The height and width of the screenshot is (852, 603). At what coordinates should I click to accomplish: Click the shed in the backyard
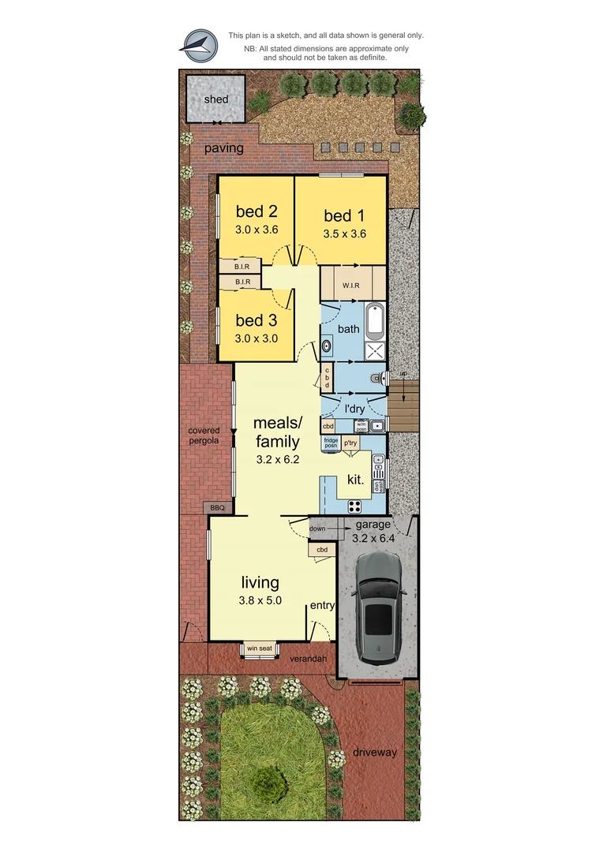coord(215,99)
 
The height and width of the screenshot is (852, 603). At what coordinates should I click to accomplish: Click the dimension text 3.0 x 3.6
coord(257,230)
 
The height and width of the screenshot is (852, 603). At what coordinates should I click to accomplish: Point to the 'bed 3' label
coord(257,320)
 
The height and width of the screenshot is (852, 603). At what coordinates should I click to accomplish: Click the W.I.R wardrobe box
coord(352,285)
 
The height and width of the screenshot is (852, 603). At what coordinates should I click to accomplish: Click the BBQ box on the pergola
coord(217,507)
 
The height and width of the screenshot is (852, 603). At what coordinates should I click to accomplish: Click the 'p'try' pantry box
coord(350,443)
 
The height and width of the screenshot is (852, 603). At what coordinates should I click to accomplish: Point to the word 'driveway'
coord(375,752)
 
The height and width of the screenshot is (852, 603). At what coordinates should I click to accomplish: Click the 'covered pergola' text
coord(204,435)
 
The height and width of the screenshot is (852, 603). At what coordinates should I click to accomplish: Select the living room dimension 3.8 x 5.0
coord(260,600)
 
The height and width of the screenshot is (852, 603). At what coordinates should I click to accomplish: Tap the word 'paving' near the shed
coord(224,148)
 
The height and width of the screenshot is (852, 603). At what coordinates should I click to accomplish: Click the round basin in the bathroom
coord(326,345)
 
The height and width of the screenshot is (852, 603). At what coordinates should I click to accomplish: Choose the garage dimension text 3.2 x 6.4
coord(373,540)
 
